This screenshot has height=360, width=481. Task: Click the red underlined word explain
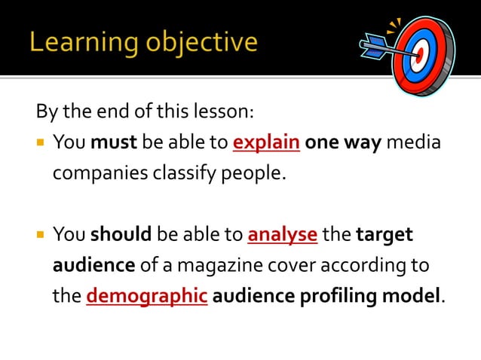click(x=267, y=142)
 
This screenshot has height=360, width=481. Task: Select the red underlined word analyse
click(x=282, y=234)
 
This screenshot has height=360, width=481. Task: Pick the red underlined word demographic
click(x=147, y=295)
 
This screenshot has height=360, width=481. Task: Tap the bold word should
click(x=121, y=234)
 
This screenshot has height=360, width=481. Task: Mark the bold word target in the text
click(x=384, y=234)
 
